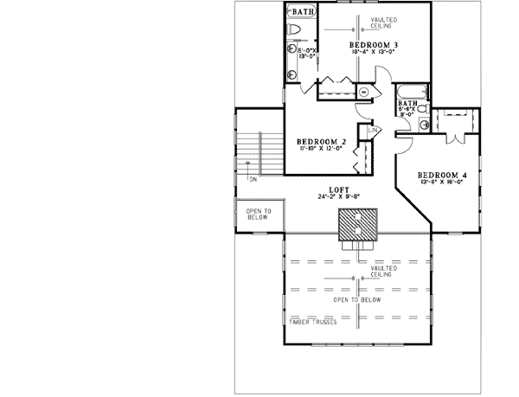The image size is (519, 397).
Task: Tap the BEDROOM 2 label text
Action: click(321, 141)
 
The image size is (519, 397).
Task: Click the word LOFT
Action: click(327, 189)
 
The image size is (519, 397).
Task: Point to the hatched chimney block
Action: click(358, 226)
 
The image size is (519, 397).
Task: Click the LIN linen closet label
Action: click(373, 130)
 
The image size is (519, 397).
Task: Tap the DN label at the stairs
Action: click(253, 180)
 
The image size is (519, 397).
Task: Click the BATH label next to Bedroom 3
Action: click(302, 12)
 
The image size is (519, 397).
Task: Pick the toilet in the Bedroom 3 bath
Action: click(294, 32)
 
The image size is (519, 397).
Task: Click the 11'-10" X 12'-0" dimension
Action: click(321, 149)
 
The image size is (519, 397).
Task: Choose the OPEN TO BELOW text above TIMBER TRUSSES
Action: click(358, 299)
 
